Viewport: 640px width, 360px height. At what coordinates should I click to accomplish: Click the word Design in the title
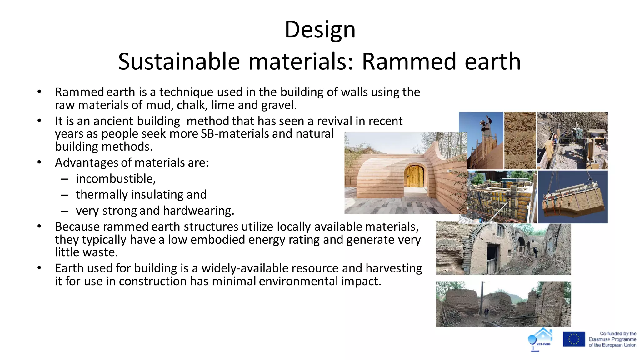pyautogui.click(x=320, y=30)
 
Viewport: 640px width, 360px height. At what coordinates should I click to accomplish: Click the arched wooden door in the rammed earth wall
pyautogui.click(x=414, y=177)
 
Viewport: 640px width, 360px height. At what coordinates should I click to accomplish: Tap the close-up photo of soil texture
pyautogui.click(x=520, y=141)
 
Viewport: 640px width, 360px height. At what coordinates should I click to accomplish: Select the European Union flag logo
pyautogui.click(x=574, y=339)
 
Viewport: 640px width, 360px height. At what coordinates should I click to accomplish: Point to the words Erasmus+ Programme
pyautogui.click(x=612, y=339)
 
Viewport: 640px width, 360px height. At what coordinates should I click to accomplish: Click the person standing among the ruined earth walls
pyautogui.click(x=486, y=312)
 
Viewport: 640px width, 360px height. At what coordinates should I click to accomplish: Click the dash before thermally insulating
pyautogui.click(x=65, y=195)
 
